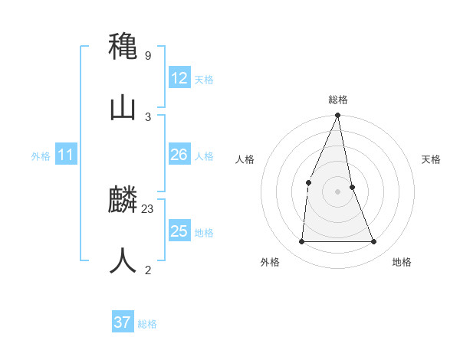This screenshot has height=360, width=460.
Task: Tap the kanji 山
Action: pos(123,108)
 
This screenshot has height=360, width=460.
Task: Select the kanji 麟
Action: pos(123,201)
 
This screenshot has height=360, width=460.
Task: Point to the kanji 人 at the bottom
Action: pos(123,260)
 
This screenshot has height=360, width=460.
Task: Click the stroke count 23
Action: pos(148,208)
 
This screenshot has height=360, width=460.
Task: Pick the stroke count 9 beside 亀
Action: pos(148,55)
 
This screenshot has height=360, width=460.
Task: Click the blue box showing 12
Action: pos(179,78)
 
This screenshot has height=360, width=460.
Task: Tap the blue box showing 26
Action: pos(179,155)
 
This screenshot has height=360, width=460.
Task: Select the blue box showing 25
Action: pos(179,231)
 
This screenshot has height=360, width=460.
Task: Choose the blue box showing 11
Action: pos(65,155)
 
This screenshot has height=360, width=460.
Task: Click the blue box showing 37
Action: pos(123,322)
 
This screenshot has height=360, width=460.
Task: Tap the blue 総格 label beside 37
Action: pos(147,324)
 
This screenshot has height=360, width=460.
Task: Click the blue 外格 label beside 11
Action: pos(41,156)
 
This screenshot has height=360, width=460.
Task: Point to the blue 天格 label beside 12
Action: pos(204,80)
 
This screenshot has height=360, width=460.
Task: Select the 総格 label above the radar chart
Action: pos(338,100)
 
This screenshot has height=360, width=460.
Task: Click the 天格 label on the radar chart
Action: pos(432,159)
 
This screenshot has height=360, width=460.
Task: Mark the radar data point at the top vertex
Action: pos(338,116)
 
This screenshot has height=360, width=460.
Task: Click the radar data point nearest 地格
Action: pos(374,242)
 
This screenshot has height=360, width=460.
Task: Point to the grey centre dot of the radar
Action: pos(338,191)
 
